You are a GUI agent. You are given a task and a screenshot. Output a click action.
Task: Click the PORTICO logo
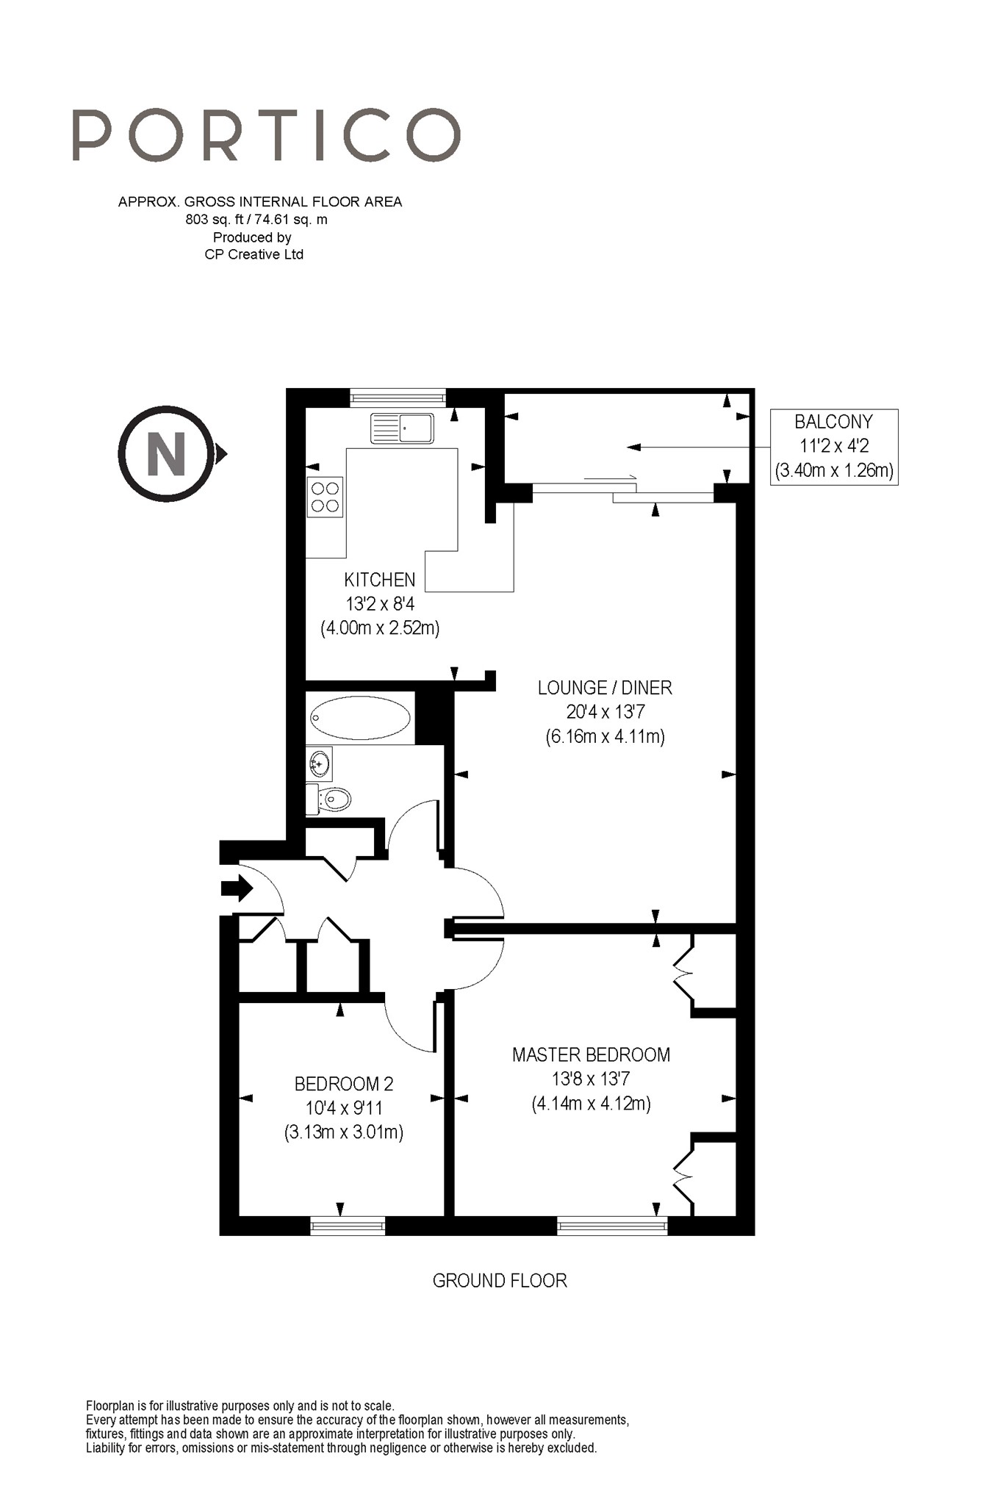click(x=266, y=135)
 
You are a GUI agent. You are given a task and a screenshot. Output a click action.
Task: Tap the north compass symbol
click(x=171, y=453)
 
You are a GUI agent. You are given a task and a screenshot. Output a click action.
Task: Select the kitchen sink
click(x=402, y=428)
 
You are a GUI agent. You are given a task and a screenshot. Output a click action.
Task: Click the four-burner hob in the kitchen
click(x=325, y=497)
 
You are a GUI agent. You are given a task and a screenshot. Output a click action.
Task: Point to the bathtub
click(x=360, y=717)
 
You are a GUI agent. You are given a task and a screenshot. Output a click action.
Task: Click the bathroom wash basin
click(x=320, y=763)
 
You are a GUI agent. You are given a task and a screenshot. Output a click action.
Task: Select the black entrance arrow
click(x=237, y=888)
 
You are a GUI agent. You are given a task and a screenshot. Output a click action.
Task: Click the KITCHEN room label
click(x=379, y=579)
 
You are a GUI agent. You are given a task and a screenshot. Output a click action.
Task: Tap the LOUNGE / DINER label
click(x=605, y=688)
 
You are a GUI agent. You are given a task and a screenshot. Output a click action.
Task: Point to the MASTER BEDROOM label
click(x=591, y=1054)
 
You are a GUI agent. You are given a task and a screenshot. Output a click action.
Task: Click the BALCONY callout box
click(x=834, y=446)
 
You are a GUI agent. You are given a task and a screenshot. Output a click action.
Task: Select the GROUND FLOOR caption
click(x=500, y=1281)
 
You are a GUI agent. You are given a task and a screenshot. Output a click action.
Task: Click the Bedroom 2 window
click(x=348, y=1225)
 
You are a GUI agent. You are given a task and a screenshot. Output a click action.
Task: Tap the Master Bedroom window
click(x=612, y=1225)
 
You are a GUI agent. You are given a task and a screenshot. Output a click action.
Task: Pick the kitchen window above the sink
click(x=398, y=398)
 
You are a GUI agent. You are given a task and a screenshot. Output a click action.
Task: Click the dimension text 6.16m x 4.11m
click(x=605, y=736)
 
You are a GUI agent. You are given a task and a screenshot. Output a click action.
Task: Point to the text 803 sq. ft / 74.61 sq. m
click(x=256, y=219)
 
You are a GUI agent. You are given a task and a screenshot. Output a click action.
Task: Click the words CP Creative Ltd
click(x=254, y=254)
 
